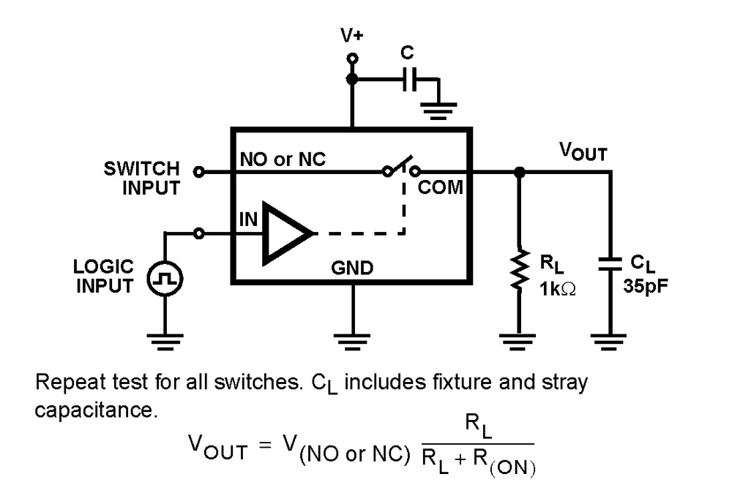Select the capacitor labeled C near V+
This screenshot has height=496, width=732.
tap(409, 81)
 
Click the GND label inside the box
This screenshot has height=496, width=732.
tap(352, 268)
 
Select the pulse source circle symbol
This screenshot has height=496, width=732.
tap(164, 278)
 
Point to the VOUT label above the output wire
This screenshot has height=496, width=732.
tap(583, 151)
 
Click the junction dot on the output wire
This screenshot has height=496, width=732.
tap(519, 173)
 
